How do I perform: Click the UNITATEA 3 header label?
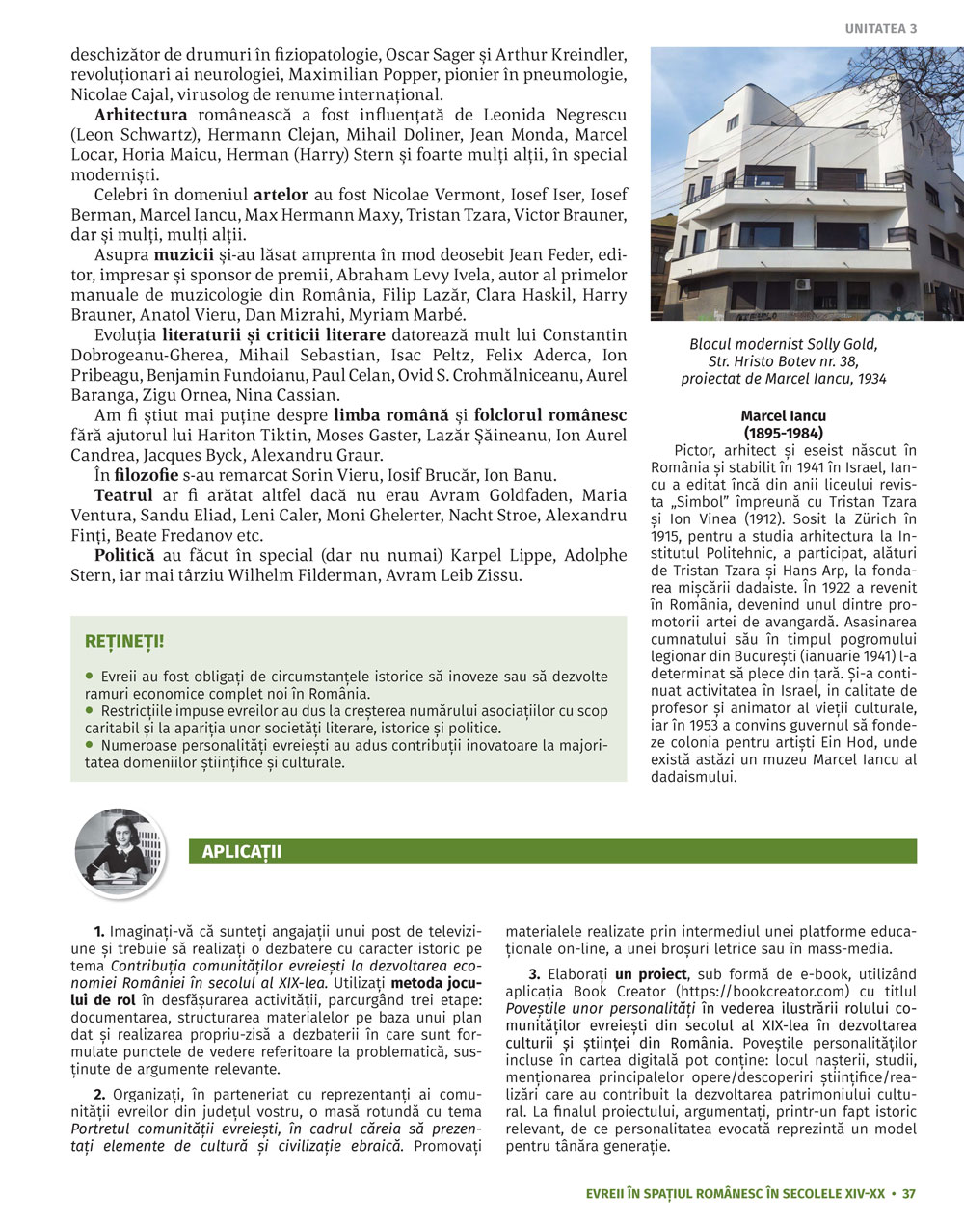point(881,29)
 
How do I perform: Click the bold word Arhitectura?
point(141,115)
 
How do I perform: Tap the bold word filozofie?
point(146,475)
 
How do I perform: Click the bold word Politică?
point(124,555)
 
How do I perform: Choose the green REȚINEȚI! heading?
point(124,641)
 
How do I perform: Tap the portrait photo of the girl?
point(120,853)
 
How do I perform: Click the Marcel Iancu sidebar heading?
point(783,417)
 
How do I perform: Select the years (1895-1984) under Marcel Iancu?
point(783,434)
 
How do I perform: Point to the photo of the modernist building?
point(807,183)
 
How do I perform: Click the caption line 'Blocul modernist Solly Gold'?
point(783,344)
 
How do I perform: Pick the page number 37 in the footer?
point(908,1194)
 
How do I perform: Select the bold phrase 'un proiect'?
point(651,974)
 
